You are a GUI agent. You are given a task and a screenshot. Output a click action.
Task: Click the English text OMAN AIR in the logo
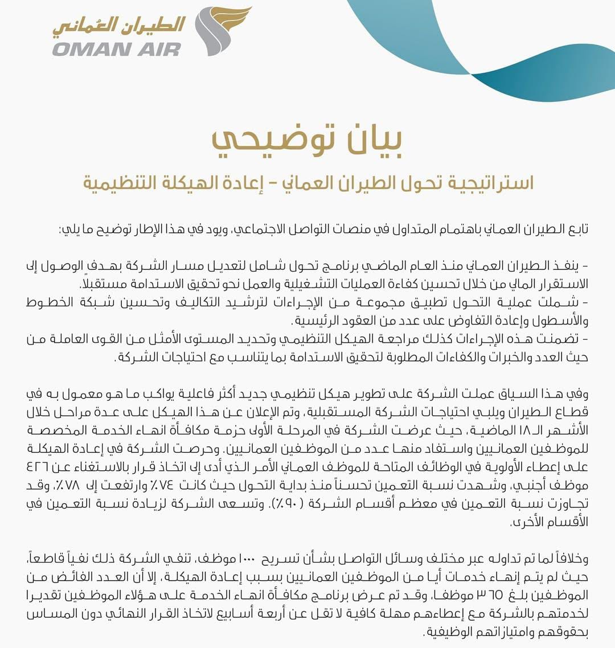[x=116, y=48]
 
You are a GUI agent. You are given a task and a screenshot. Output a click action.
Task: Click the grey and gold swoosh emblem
[x=219, y=31]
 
